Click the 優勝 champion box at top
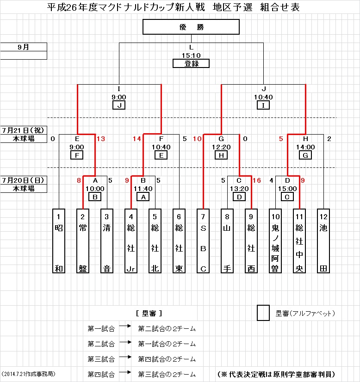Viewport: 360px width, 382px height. [191, 27]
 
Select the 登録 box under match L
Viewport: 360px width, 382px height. [191, 64]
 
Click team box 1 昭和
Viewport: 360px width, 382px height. [59, 241]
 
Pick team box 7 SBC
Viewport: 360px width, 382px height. [203, 241]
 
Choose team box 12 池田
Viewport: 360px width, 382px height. [323, 241]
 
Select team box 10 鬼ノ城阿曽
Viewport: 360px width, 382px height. [275, 241]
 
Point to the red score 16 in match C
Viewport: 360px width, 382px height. [257, 180]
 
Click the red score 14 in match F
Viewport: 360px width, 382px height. [137, 139]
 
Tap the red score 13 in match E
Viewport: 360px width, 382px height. [101, 139]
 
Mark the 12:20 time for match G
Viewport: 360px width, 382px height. [222, 147]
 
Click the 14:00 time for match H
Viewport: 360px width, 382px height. [305, 147]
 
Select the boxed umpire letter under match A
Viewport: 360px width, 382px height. [95, 197]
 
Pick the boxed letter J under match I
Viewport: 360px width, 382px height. [119, 105]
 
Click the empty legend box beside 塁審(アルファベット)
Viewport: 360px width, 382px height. [263, 313]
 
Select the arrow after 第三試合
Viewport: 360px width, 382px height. [124, 358]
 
